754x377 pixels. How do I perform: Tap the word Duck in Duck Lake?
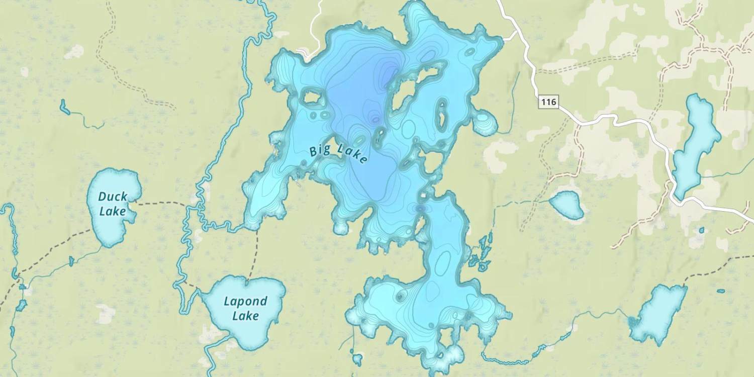coord(113,197)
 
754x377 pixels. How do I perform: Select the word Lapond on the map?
coord(245,302)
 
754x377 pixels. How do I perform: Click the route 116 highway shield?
coord(548,103)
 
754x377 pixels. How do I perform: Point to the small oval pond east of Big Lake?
coord(567,204)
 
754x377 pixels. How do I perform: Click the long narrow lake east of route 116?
coord(695,146)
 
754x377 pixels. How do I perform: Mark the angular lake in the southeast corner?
coord(658,314)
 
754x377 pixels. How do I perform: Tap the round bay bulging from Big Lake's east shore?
coord(485,123)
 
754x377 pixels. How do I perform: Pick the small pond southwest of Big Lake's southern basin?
coord(357,359)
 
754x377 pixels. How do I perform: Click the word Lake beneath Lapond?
coord(245,316)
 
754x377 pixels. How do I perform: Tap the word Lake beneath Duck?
coord(112,211)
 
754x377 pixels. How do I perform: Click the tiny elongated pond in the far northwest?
coord(64,106)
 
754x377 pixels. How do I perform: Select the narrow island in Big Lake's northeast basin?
coord(442,114)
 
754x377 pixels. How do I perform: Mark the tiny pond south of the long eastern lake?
coord(702,230)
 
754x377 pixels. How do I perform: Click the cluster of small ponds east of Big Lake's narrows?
coord(480,251)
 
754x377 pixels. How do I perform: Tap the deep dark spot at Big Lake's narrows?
coord(420,208)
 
